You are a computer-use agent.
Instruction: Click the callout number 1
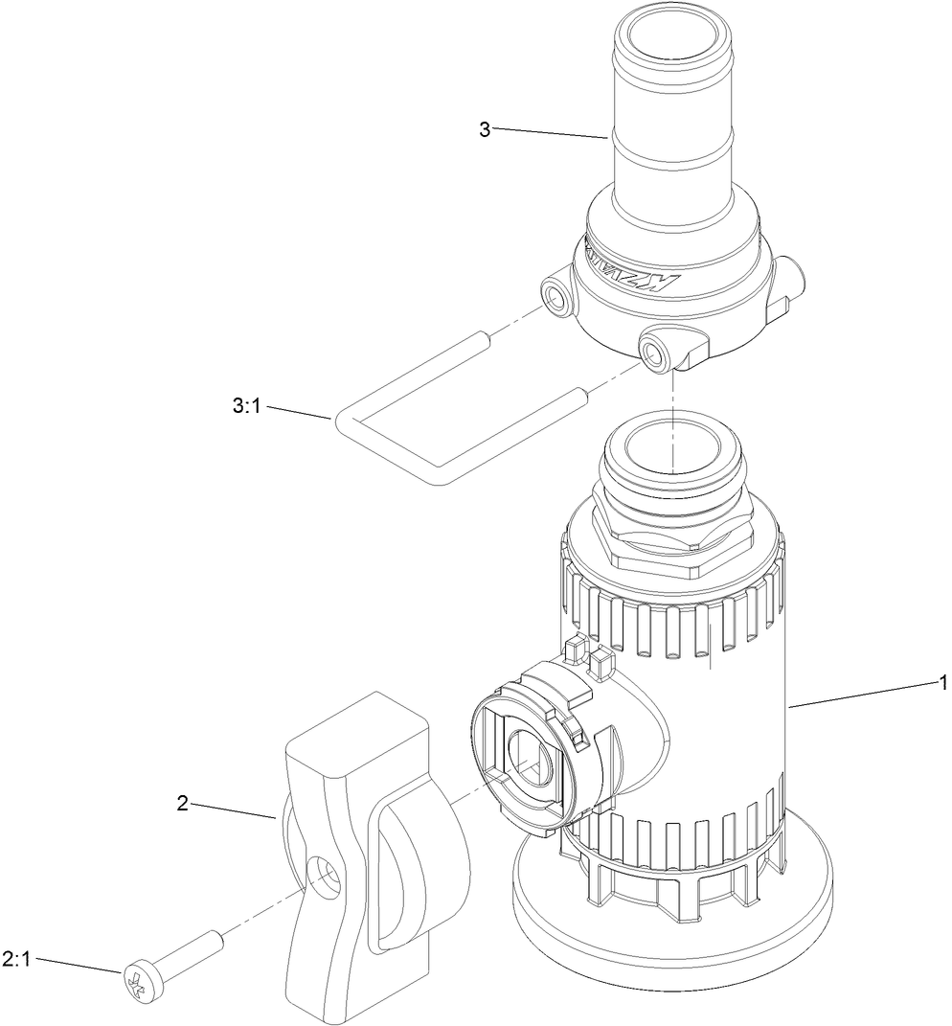coord(942,682)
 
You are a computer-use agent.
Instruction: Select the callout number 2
coord(182,803)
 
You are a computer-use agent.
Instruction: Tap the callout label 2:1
coord(17,959)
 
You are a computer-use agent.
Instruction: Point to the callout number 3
coord(485,129)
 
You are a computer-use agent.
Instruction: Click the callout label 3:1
coord(246,406)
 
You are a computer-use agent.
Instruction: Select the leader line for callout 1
coord(862,694)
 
